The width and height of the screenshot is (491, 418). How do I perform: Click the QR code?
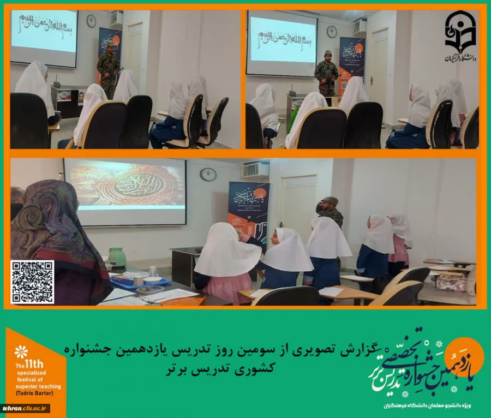point(32,282)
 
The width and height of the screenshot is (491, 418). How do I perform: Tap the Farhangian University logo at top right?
point(460,36)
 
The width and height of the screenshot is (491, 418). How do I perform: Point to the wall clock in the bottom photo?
point(208,174)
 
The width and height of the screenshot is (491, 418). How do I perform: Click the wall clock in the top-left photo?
point(91,21)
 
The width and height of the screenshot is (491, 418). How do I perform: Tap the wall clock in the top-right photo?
point(332,32)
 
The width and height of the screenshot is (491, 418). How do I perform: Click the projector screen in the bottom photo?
point(125,192)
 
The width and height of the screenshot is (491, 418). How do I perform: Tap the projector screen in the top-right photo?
point(282,42)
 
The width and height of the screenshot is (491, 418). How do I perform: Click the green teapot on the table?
point(117,258)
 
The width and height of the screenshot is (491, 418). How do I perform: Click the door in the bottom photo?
point(298,205)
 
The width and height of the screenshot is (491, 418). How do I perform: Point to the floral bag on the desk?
point(451,282)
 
